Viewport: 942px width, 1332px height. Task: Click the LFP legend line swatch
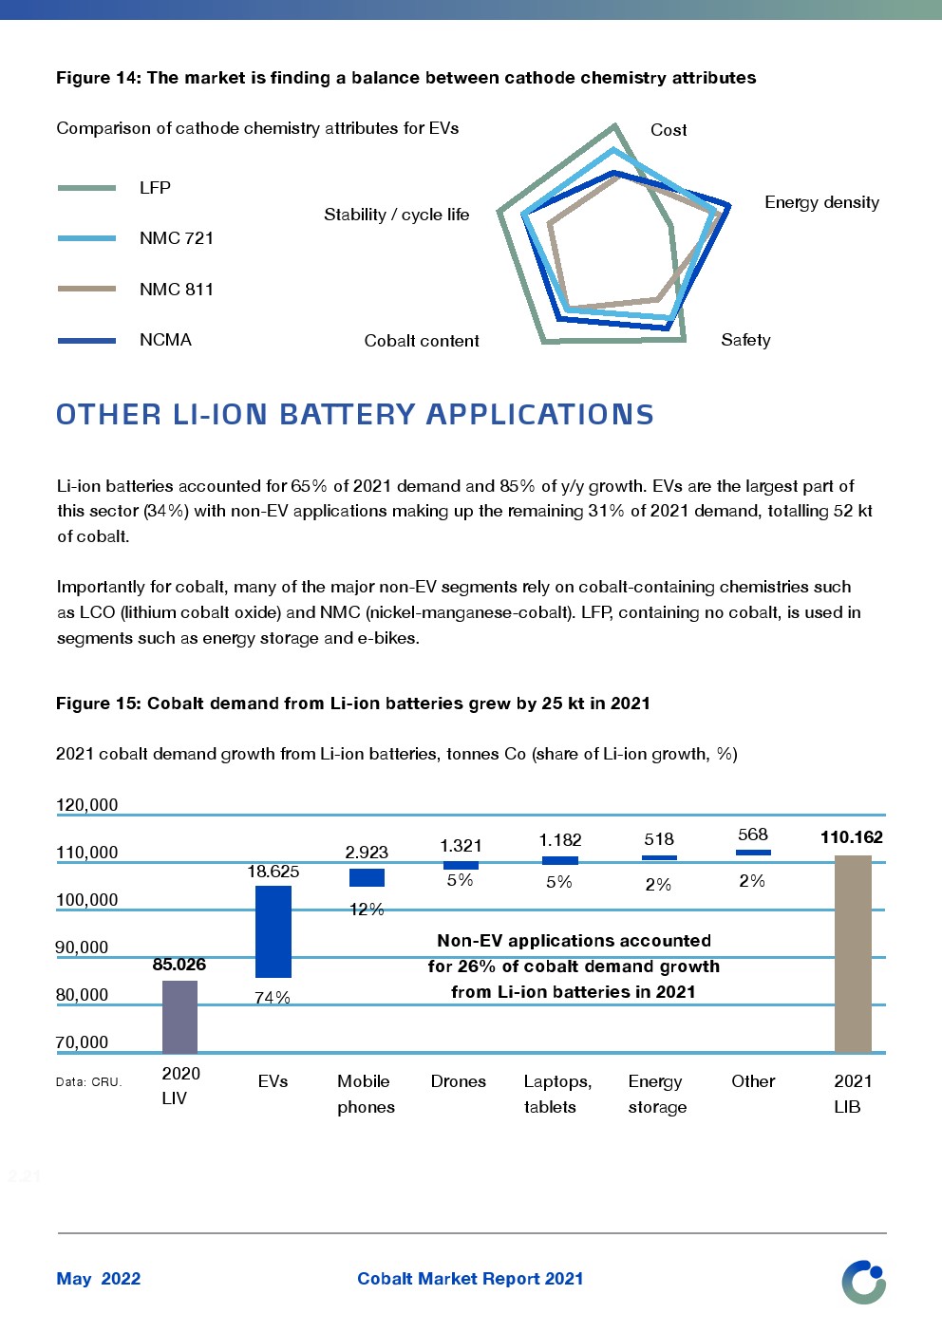point(86,188)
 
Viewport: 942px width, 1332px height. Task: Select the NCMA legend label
point(165,340)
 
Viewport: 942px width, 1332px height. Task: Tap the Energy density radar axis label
point(821,202)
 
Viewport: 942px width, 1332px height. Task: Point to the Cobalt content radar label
point(422,341)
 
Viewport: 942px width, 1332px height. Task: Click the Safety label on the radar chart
point(745,340)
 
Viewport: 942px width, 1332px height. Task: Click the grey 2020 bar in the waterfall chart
point(179,1016)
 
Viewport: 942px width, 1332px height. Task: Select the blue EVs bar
point(273,931)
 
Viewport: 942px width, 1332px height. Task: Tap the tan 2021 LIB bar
point(853,953)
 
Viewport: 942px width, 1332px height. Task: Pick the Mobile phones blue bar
point(367,877)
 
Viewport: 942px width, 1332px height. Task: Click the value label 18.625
point(273,872)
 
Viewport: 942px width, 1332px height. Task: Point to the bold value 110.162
point(852,837)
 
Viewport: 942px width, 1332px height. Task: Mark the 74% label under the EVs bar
point(273,998)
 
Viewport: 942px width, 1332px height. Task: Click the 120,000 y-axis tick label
point(87,805)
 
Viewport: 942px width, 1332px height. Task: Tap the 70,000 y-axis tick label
point(83,1042)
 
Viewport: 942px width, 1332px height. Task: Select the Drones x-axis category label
point(458,1081)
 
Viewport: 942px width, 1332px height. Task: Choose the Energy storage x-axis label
point(656,1094)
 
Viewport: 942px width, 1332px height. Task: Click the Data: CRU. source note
point(89,1081)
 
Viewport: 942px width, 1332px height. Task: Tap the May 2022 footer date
point(99,1279)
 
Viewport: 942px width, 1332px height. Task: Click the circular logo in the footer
point(863,1282)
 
